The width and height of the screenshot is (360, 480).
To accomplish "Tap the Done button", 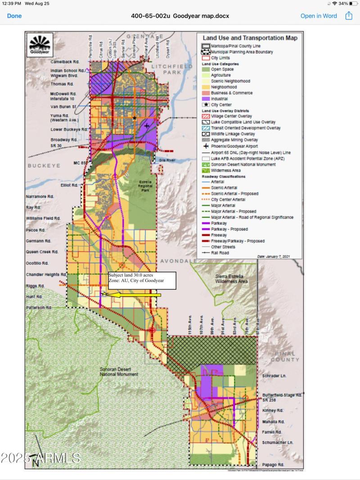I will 14,16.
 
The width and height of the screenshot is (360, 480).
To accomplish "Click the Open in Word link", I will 318,16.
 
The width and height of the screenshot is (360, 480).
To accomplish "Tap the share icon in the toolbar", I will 348,16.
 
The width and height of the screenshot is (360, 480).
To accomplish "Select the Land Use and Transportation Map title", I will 250,38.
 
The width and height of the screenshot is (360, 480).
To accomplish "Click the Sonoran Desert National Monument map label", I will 119,371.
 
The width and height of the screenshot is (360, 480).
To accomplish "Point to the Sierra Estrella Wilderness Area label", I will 231,278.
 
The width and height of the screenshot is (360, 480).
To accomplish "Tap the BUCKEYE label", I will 44,166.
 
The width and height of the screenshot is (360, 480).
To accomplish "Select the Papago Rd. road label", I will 273,464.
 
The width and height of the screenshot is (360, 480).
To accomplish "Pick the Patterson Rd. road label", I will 39,308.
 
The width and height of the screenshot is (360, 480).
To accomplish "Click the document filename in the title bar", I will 180,16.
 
